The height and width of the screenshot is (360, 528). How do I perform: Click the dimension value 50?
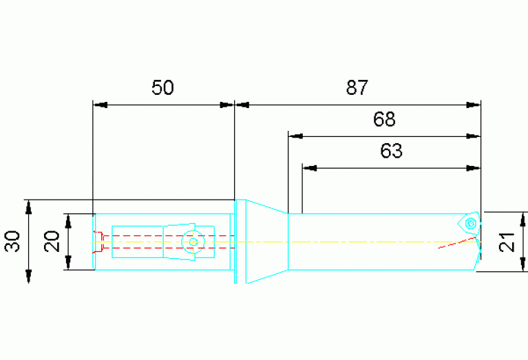[162, 87]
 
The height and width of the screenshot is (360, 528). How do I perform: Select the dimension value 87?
[357, 87]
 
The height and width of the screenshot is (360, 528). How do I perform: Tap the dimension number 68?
[384, 119]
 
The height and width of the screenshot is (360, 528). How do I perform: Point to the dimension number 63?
[391, 151]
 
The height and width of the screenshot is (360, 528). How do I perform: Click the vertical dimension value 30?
[12, 241]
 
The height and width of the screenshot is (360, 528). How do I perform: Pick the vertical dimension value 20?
[52, 241]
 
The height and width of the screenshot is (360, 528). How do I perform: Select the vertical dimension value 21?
[507, 242]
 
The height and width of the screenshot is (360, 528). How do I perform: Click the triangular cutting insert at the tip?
[469, 222]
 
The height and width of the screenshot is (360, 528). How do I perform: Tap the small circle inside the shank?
[193, 242]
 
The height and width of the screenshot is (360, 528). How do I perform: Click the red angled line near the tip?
[457, 243]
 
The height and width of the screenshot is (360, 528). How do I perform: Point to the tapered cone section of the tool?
[267, 242]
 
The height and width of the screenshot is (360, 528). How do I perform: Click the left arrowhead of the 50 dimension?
[100, 105]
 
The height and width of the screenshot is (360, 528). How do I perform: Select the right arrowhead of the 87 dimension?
[474, 105]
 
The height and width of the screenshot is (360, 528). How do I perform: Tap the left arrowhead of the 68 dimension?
[295, 136]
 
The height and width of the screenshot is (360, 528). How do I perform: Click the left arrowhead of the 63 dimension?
[310, 168]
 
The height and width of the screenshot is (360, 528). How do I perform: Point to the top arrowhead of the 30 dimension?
[29, 207]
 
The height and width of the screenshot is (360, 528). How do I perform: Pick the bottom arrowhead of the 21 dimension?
[522, 264]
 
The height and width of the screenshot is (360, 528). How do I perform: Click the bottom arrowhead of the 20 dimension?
[68, 263]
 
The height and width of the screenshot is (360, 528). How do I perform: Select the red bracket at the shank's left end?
[98, 242]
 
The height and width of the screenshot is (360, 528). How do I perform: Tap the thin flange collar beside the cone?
[235, 242]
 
